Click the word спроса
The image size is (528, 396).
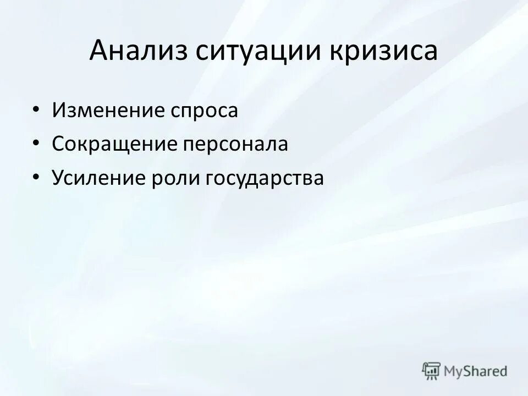[204, 111]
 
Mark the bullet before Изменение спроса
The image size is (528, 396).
[36, 110]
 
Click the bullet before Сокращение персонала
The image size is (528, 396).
[36, 144]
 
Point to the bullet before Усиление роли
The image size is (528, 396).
[36, 177]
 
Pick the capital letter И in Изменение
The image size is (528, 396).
[58, 110]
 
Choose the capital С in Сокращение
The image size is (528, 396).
[58, 144]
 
